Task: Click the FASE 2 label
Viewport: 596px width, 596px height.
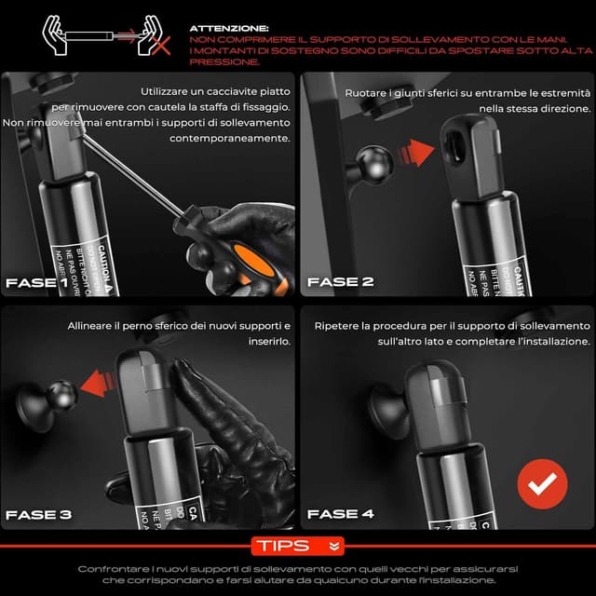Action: click(x=340, y=282)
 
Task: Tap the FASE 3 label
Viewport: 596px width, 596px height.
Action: click(x=38, y=514)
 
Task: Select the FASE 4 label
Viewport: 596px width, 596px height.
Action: click(x=340, y=514)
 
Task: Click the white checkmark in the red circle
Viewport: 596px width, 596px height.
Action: click(x=542, y=481)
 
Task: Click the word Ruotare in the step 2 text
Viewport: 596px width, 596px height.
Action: click(x=366, y=93)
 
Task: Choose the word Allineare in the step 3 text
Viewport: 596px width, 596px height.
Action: click(x=93, y=327)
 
